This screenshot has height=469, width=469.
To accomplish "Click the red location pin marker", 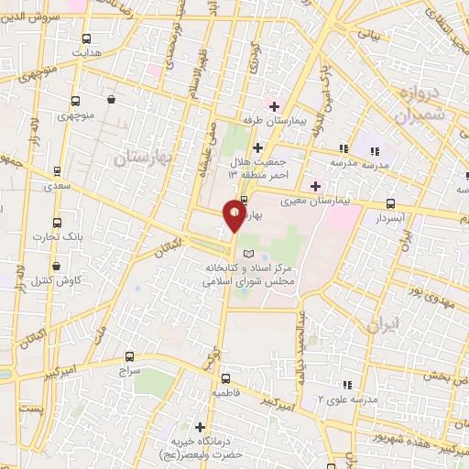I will pyautogui.click(x=234, y=216).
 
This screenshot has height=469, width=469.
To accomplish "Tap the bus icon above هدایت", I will pyautogui.click(x=86, y=39).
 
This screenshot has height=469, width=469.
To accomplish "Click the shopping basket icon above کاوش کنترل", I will pyautogui.click(x=57, y=267).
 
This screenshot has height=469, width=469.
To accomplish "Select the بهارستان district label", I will pyautogui.click(x=145, y=158).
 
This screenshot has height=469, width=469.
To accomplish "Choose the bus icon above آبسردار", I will pyautogui.click(x=391, y=204).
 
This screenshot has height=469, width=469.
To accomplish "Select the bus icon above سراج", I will pyautogui.click(x=128, y=356).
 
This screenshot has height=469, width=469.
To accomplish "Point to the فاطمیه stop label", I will pyautogui.click(x=226, y=392).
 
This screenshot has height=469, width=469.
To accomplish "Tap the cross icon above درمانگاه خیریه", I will pyautogui.click(x=200, y=426).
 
